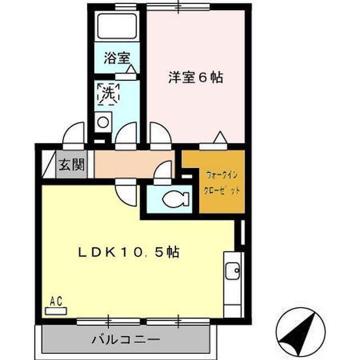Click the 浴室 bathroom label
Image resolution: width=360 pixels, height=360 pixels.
pos(117,58)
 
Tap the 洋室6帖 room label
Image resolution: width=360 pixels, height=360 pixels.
pos(195,77)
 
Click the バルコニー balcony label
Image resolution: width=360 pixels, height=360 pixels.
pos(126,340)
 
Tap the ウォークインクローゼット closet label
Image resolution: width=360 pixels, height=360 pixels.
pos(222,182)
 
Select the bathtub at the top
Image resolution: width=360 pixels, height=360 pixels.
pos(117,26)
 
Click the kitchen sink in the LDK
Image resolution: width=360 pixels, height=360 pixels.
pos(232,272)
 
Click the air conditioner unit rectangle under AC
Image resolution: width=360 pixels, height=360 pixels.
pos(56,309)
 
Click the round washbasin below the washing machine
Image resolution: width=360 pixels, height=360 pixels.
pos(103,122)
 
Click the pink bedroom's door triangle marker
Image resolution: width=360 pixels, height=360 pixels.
pos(220,137)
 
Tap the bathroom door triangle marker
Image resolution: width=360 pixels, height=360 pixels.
pos(130,69)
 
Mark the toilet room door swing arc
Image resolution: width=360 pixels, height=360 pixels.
pos(163,172)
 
